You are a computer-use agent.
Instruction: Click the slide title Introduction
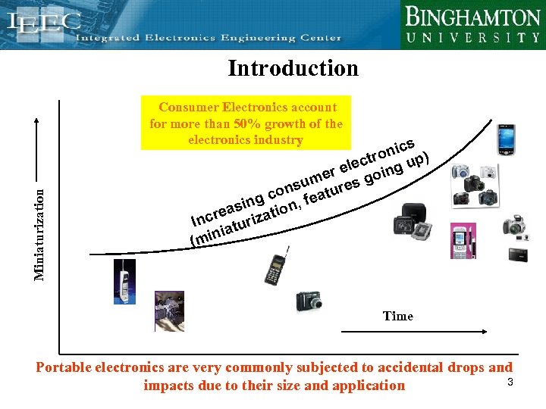293,68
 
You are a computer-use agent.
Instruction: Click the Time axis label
397,316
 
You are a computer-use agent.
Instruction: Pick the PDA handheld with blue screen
505,139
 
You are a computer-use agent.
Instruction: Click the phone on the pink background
463,241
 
